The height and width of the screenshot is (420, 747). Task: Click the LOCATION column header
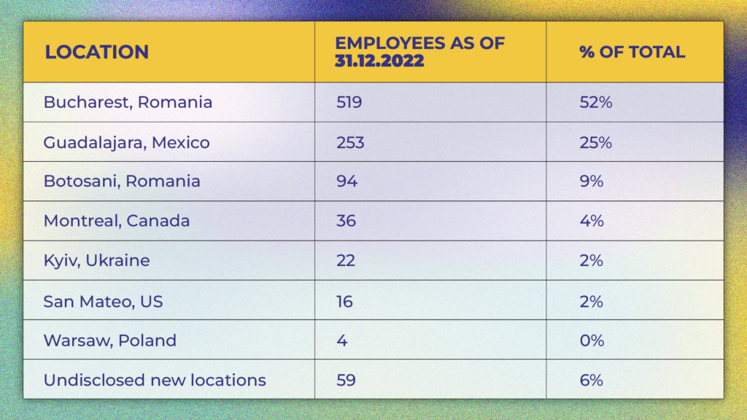point(97,52)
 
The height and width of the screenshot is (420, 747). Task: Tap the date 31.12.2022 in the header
point(379,61)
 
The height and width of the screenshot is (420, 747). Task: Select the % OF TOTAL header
point(632,52)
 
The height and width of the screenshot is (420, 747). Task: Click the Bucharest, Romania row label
point(128,102)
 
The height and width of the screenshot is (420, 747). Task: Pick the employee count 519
point(349,102)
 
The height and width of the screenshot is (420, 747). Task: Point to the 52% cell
point(595,102)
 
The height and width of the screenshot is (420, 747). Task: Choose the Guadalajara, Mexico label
point(126,142)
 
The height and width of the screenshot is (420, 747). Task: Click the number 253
point(350,142)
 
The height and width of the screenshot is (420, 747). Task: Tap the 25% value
point(595,142)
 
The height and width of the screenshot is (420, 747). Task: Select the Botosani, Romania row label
point(122,181)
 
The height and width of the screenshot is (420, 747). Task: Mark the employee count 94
point(347,181)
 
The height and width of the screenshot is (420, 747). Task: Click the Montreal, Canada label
point(117,221)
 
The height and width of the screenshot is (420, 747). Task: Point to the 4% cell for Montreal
point(592,221)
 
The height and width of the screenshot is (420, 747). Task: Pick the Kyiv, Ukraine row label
point(96,260)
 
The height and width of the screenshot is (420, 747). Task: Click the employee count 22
point(346,260)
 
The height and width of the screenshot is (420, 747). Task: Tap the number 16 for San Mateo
point(344,300)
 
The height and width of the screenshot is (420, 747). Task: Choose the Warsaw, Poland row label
point(109,341)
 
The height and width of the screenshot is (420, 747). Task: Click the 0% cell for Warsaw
point(592,341)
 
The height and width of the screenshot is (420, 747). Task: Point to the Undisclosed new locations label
point(155,380)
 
